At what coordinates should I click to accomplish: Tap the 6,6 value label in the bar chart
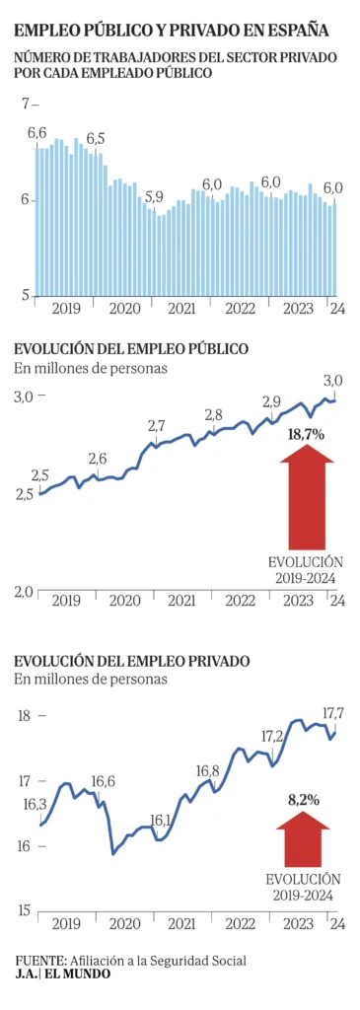pos(37,132)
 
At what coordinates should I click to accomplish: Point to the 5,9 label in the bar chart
pos(154,197)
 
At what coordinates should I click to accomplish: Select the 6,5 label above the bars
pos(96,138)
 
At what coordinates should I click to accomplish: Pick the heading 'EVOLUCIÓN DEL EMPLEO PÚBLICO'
pos(130,349)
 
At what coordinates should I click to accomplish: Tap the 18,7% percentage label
pos(306,433)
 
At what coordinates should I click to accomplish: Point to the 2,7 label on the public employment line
pos(156,426)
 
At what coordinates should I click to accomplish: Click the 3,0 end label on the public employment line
pos(333,381)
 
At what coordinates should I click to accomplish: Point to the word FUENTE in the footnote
pos(38,960)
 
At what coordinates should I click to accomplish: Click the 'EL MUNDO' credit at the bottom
pos(78,974)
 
